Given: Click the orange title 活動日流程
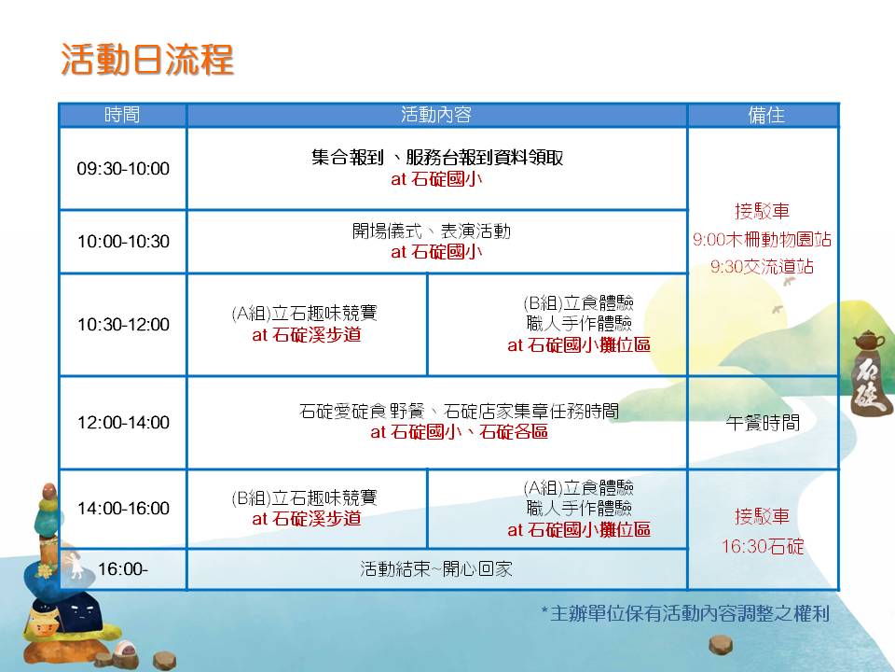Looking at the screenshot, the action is tap(147, 59).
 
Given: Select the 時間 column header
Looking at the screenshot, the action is tap(122, 115).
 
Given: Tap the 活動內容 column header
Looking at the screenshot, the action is tap(436, 115).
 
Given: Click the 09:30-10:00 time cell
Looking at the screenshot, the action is tap(123, 169).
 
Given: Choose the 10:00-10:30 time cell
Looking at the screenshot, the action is tap(123, 241).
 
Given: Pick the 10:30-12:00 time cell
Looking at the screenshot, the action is tap(123, 325).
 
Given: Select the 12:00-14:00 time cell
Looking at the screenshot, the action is tap(123, 422).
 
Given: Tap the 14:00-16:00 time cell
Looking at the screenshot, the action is tap(123, 508).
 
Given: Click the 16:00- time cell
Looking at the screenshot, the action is tap(123, 568).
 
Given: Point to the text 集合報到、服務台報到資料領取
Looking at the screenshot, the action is tap(437, 157).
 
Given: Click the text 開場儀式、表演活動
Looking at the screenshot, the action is tap(432, 231).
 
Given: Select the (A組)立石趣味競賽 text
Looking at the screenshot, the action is tap(305, 314).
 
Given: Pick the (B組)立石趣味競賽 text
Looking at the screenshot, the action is tap(305, 497).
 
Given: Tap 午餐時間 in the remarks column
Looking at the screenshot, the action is tap(764, 422).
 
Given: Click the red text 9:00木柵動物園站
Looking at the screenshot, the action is tap(762, 240).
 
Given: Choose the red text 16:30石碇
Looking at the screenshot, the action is tap(763, 547).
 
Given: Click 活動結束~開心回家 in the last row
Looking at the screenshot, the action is tap(436, 568).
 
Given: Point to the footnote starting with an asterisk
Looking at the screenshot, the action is tap(685, 614).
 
